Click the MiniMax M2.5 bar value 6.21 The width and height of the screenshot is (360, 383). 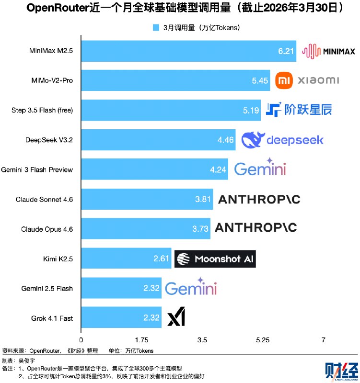point(286,51)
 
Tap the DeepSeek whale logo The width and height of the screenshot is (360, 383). point(251,139)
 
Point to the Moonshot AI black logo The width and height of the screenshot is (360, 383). point(215,259)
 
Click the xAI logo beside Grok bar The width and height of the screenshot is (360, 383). point(176,318)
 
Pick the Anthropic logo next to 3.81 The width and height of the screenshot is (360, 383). point(259,200)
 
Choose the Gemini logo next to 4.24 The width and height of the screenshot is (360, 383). point(260,168)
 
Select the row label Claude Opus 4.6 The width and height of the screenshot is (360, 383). point(47,229)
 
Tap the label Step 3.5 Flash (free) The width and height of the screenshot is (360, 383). point(42,110)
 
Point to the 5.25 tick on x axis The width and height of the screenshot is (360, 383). point(263,340)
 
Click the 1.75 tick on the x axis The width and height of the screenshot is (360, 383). point(141,340)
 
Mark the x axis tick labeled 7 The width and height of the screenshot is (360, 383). point(324,340)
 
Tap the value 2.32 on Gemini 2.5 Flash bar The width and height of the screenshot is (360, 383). point(151,289)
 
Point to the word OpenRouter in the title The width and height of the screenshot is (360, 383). point(56,9)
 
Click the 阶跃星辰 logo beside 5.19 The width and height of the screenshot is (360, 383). point(299,110)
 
